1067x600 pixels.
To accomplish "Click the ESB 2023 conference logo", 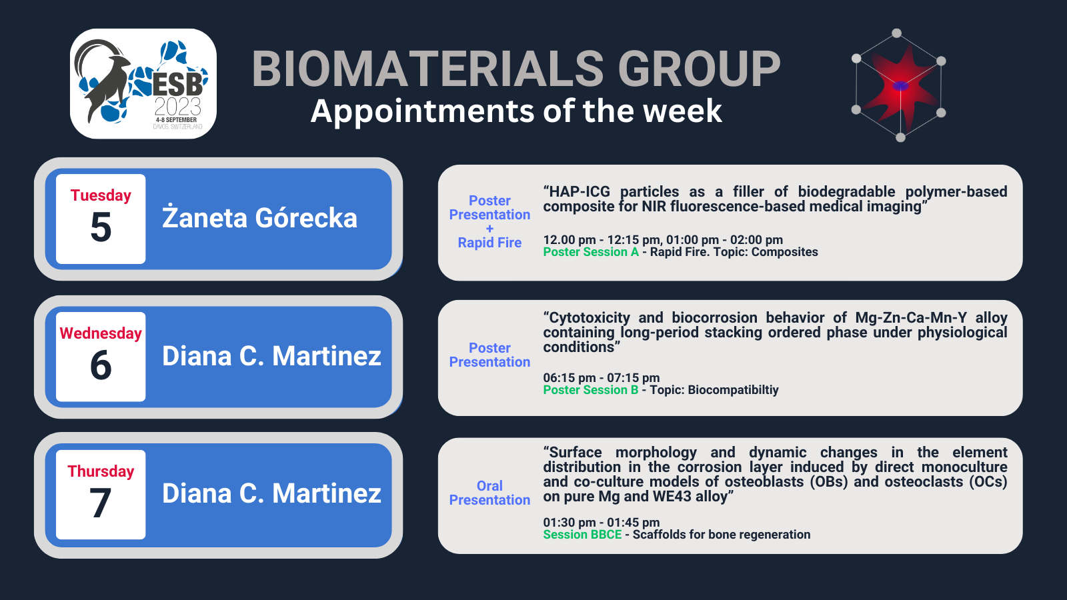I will (x=143, y=84).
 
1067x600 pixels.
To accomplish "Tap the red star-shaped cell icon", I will (x=900, y=86).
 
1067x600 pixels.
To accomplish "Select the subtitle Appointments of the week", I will (x=516, y=111).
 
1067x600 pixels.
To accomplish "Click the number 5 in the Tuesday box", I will (x=101, y=228).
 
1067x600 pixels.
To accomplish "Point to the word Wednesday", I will (x=101, y=333).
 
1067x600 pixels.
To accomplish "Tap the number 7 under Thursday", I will (x=101, y=503).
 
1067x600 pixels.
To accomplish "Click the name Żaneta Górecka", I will (x=259, y=219).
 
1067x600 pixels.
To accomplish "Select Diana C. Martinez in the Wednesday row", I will (x=271, y=356).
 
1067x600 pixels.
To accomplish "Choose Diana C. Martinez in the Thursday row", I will (x=271, y=494).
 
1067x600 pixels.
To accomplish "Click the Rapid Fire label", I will (x=489, y=243).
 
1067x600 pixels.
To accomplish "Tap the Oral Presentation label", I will (x=489, y=493).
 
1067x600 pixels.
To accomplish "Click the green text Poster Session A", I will (x=590, y=252).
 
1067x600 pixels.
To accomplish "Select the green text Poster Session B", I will (x=590, y=390).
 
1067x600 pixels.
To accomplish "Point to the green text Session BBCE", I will (x=582, y=535).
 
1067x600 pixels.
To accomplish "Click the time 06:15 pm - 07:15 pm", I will (x=601, y=378).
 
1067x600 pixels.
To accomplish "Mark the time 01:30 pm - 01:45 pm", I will (x=601, y=523).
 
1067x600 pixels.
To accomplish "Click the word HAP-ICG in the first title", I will (x=579, y=192).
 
